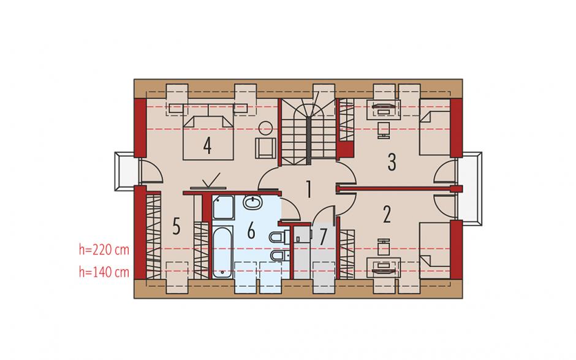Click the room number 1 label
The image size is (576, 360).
tap(309, 189)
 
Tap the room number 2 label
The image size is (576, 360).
tap(387, 215)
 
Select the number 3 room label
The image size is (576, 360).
tap(392, 162)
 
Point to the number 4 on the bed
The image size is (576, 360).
tap(207, 145)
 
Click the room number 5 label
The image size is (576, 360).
tap(176, 226)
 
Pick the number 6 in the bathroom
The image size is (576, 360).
tap(251, 231)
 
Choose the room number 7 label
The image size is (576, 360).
tap(323, 237)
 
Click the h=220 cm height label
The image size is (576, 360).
tap(104, 250)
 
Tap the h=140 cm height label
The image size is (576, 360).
tap(104, 272)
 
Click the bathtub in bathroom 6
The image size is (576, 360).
tap(222, 252)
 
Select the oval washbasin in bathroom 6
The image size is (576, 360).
tap(252, 202)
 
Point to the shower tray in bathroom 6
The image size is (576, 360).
tap(223, 208)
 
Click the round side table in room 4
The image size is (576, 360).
tap(265, 128)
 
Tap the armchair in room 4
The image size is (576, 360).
tap(265, 148)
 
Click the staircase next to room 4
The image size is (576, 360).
tap(308, 131)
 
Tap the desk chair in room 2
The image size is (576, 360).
tap(384, 247)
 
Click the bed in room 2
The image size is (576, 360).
tap(435, 250)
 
